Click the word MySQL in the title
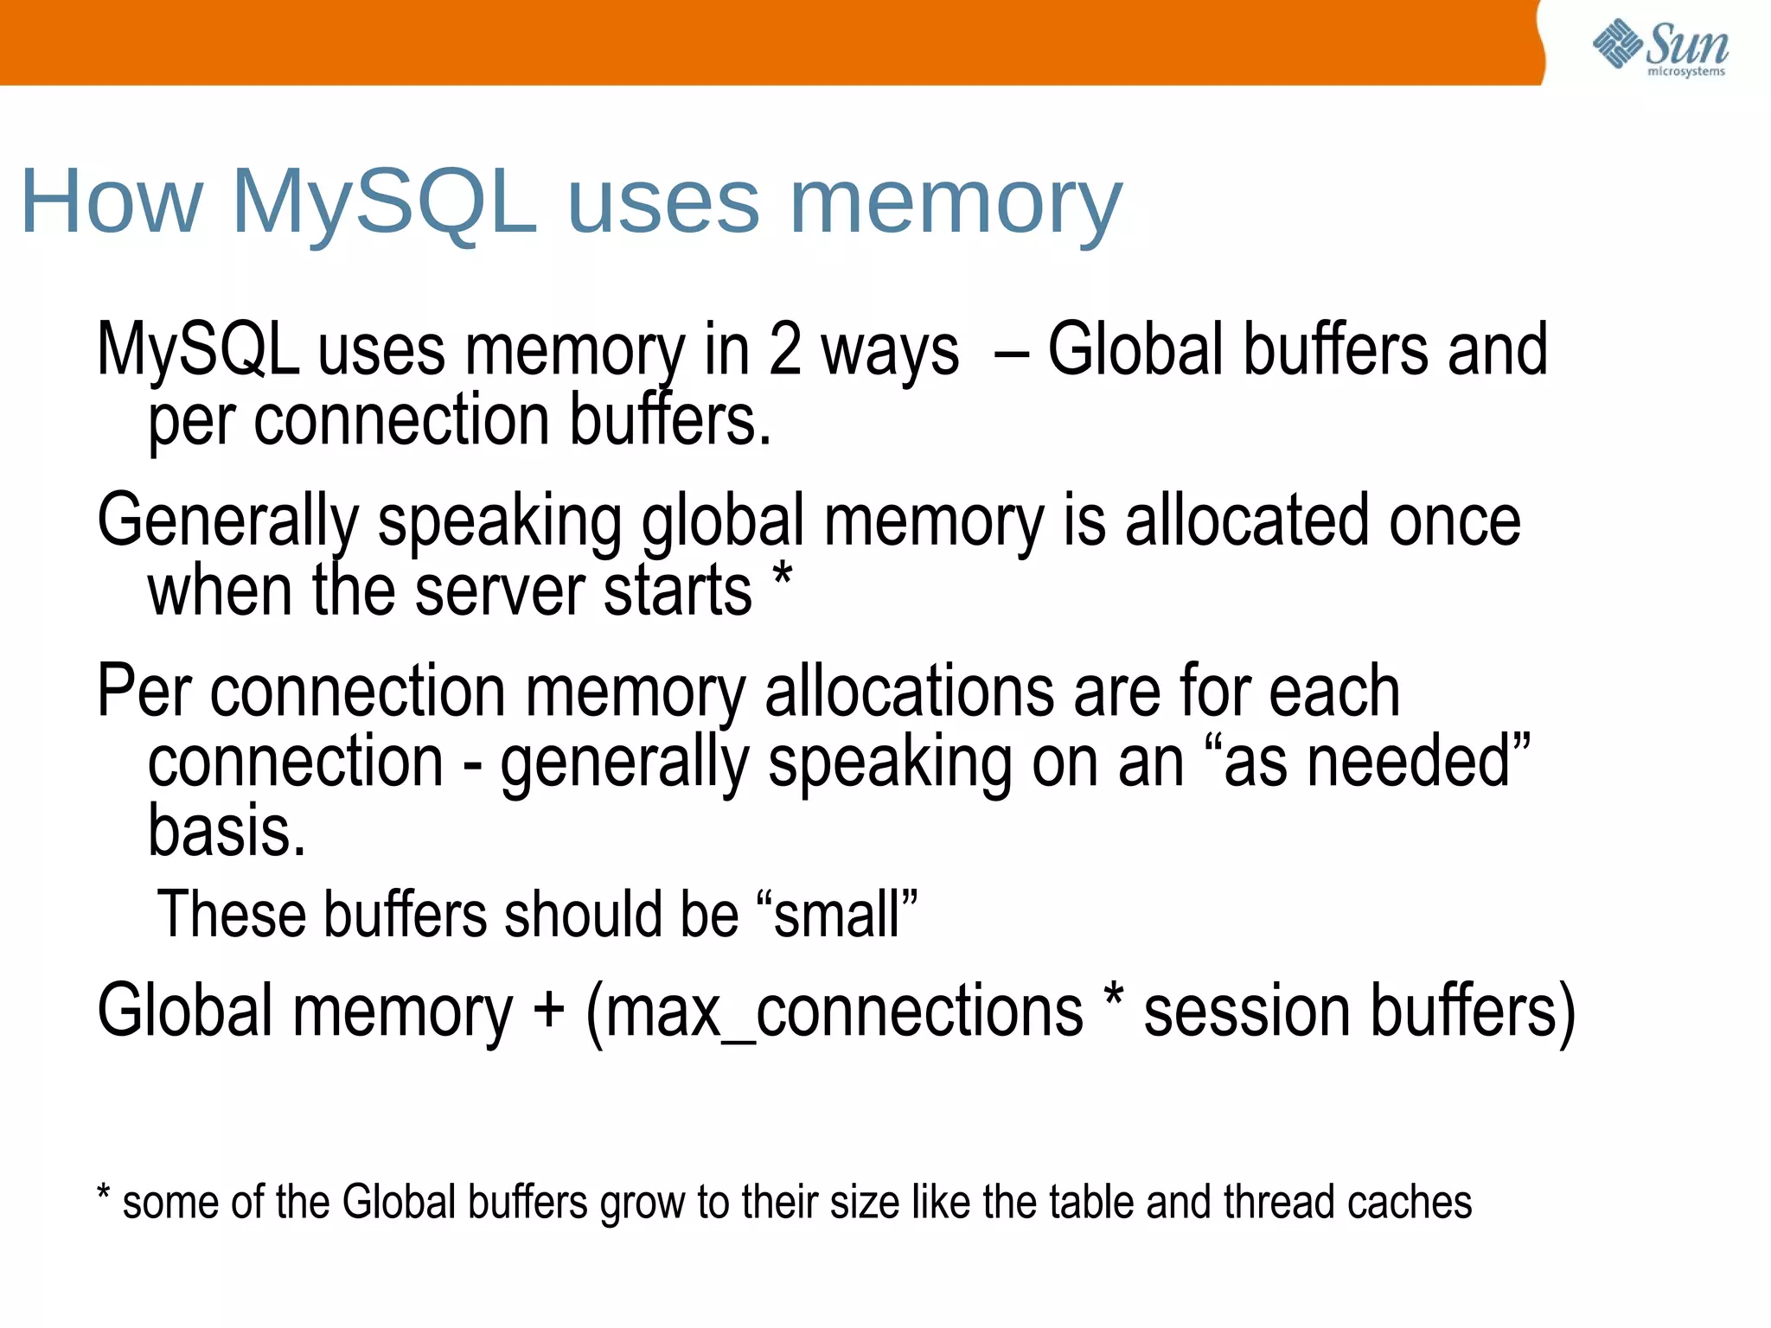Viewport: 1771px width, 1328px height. point(384,203)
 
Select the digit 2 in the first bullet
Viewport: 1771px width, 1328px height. point(785,349)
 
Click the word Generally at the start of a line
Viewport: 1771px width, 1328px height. point(227,521)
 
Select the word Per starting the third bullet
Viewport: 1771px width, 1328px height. point(144,692)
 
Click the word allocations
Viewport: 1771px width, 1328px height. point(909,692)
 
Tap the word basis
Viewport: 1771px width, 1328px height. point(226,831)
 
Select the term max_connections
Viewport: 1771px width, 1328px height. point(843,1012)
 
